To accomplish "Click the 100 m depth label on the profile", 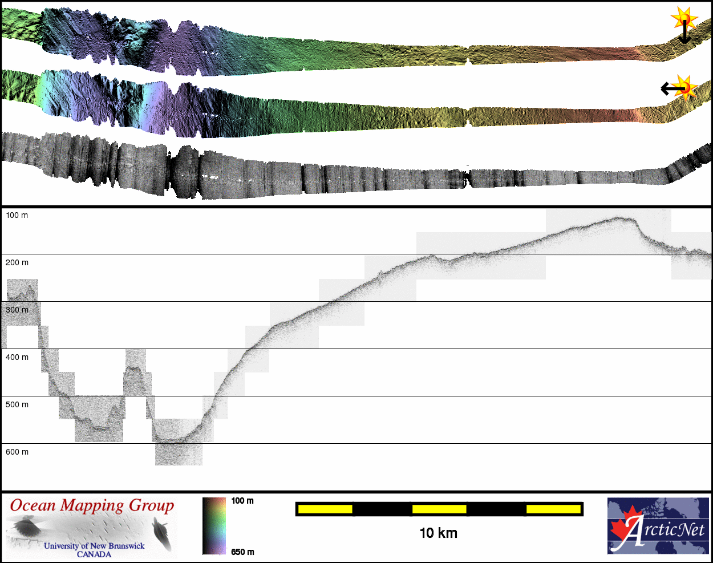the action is [17, 215].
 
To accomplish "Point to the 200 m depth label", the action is [17, 262].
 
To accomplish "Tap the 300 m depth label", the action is [17, 310].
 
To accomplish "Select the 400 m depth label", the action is [17, 357].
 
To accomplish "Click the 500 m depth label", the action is [17, 404].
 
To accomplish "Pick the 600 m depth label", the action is [17, 452].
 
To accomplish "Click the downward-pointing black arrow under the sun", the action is [684, 32].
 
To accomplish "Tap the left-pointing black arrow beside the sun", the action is [673, 89].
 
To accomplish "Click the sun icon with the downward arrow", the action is [684, 19].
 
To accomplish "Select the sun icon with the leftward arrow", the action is [686, 88].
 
